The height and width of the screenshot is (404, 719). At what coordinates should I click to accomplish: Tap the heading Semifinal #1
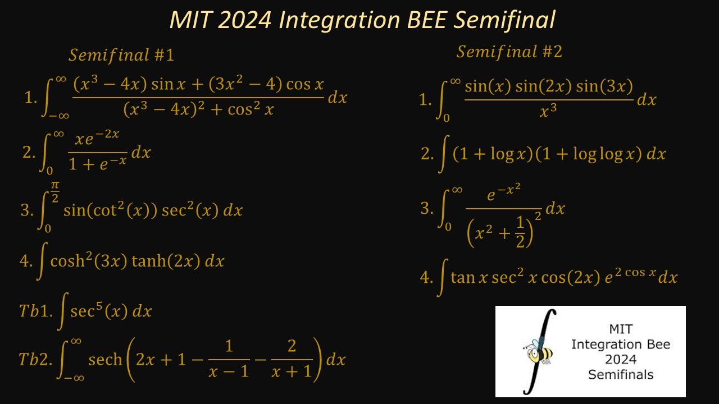121,55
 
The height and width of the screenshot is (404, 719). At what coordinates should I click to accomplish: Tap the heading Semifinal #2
509,52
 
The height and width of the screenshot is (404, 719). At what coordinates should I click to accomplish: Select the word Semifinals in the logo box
620,374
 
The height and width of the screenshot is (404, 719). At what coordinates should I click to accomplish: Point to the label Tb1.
36,311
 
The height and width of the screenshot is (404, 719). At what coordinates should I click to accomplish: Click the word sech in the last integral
105,360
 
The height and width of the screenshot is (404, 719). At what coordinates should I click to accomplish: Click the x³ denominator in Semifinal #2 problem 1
548,112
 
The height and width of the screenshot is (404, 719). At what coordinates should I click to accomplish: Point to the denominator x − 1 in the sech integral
228,371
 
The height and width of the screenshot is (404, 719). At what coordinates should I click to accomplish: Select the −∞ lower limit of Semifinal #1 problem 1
58,116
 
